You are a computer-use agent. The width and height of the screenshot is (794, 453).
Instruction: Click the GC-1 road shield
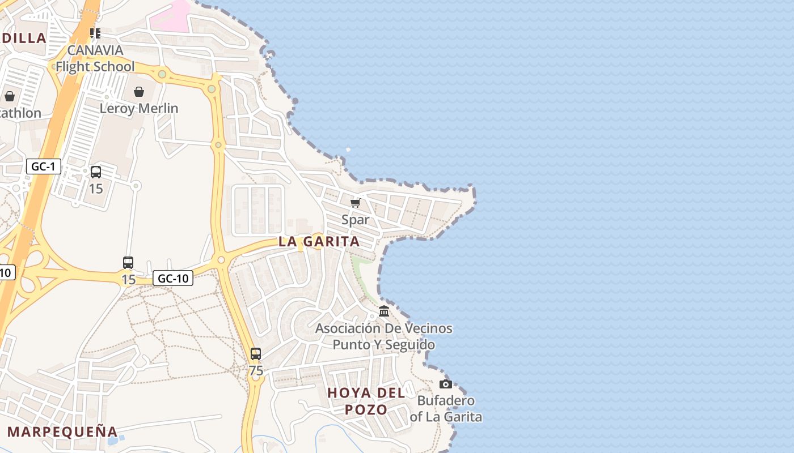(x=43, y=166)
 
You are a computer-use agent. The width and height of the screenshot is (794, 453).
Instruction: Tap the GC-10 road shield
(x=173, y=278)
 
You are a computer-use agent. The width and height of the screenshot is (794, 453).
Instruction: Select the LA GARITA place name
(x=319, y=241)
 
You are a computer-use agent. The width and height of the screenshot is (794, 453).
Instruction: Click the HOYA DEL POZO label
(x=366, y=401)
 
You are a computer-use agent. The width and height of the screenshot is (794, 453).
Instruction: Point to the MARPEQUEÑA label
(x=62, y=431)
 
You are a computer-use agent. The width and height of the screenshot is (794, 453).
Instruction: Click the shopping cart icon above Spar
(x=356, y=203)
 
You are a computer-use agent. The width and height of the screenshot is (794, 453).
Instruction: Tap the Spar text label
(x=356, y=220)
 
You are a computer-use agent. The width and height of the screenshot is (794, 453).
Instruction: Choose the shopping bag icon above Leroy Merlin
(x=139, y=92)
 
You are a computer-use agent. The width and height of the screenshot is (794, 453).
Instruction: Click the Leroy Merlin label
(x=139, y=108)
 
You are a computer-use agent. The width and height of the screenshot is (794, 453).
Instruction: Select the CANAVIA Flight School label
(x=95, y=58)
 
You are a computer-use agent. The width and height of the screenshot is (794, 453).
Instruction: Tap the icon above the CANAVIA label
(x=95, y=33)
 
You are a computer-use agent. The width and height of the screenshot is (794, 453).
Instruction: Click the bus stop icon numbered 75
(x=256, y=354)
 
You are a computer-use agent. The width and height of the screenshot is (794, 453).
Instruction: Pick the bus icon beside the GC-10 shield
(x=128, y=263)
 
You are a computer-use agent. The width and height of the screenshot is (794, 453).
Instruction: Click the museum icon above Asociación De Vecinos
(x=384, y=311)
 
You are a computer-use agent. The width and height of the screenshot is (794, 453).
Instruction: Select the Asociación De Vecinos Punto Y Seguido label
(x=384, y=336)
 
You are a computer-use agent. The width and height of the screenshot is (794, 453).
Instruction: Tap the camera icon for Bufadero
(x=446, y=384)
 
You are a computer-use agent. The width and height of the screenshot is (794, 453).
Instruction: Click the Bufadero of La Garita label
(x=446, y=409)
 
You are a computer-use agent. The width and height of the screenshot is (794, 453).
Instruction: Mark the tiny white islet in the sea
(x=348, y=149)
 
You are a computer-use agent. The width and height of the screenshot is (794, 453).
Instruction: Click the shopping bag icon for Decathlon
(x=10, y=96)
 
